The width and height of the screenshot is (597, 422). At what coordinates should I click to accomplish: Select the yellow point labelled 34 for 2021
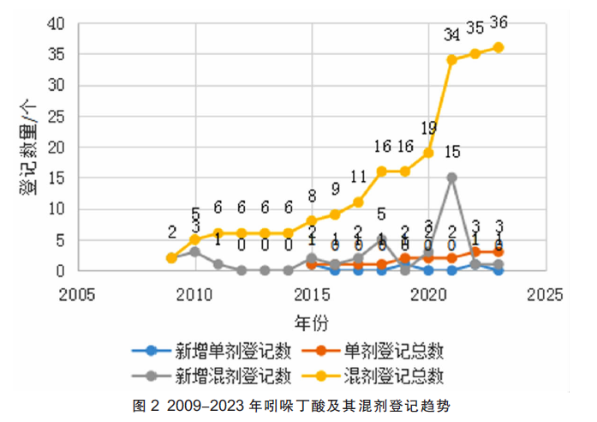451,59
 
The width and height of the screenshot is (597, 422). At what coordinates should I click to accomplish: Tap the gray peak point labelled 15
451,178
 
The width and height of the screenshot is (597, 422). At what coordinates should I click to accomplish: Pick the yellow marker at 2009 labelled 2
171,258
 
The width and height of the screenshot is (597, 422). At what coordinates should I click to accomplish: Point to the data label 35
475,28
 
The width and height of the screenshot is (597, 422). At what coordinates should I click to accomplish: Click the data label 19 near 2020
428,129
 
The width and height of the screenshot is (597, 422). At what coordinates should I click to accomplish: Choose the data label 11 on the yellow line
358,178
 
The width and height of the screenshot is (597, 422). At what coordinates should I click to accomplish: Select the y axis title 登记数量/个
27,147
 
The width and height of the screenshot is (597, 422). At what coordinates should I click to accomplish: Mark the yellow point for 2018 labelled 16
381,171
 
